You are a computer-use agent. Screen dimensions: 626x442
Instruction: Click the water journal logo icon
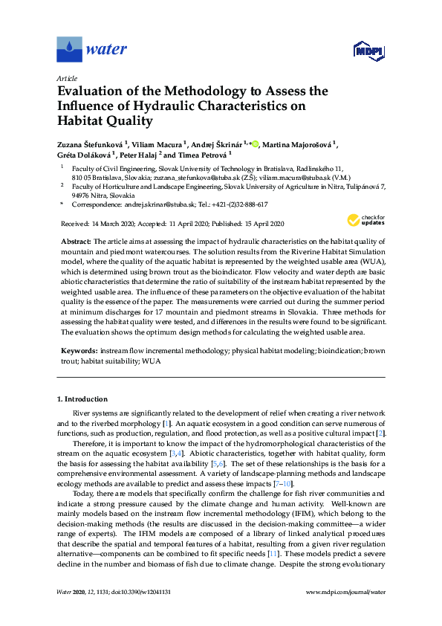coord(69,50)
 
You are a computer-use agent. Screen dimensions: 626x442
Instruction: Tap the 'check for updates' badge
coord(366,220)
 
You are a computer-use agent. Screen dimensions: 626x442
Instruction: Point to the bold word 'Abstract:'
coord(76,242)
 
